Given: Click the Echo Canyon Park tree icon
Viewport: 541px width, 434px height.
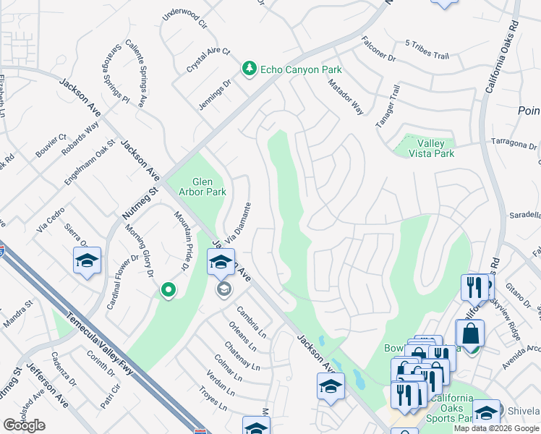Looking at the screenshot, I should tap(250, 69).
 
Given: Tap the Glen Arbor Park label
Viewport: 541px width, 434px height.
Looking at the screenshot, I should tap(209, 187).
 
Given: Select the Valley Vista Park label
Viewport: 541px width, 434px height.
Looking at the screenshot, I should tap(425, 148).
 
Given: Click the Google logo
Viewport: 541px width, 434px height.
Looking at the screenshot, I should tap(25, 425).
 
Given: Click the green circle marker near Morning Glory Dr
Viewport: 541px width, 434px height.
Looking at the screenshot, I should tap(168, 290).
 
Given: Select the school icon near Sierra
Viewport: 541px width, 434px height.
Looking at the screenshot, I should tap(87, 260).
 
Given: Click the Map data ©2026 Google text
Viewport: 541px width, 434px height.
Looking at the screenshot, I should tap(497, 428).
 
